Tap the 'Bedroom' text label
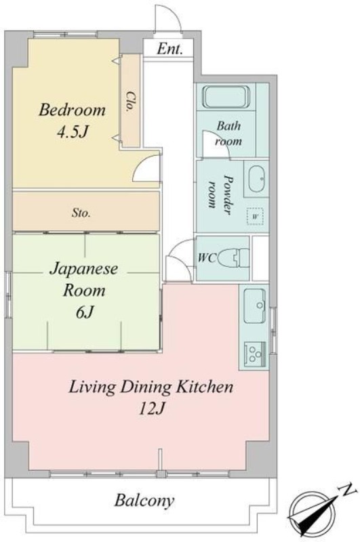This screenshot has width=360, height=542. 72,110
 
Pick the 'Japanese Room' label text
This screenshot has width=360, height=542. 85,280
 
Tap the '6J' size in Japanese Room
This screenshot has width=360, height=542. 85,312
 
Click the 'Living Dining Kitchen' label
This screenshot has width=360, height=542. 152,388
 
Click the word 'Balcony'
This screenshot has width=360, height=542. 144,501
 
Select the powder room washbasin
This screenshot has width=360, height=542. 256,180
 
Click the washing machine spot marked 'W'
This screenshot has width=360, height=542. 255,216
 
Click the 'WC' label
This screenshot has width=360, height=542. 207,257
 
